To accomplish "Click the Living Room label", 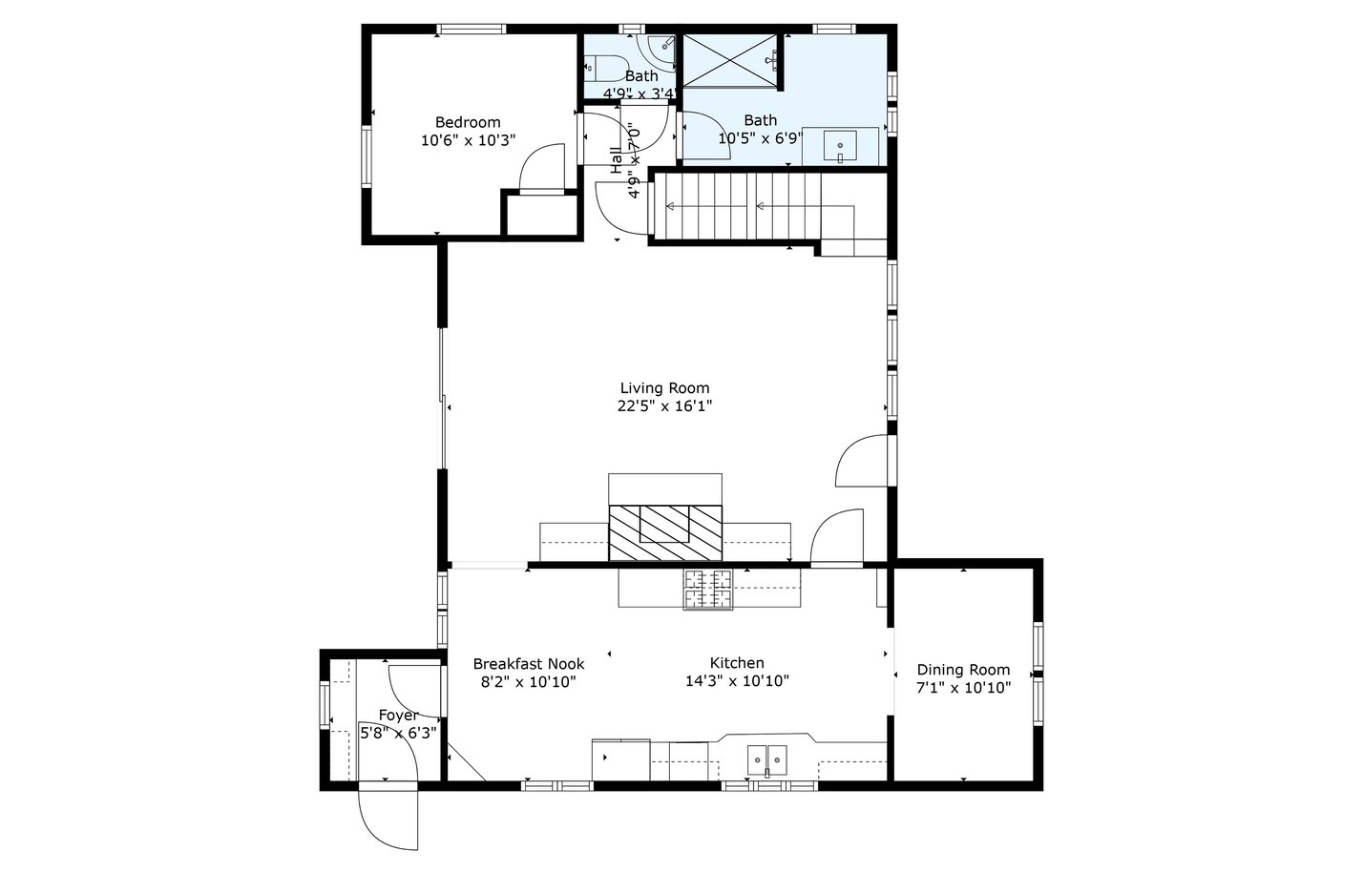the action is point(664,388).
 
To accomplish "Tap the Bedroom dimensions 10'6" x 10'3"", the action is point(468,140).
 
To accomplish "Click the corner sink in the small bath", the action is point(661,48).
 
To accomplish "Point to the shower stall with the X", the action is point(730,61).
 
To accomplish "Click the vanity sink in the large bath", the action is point(840,147).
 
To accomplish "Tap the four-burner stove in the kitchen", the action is point(707,590).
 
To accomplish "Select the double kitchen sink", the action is point(766,760).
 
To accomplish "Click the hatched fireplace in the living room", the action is point(665,532).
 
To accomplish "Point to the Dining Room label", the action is point(963,670).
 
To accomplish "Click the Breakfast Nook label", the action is point(528,663).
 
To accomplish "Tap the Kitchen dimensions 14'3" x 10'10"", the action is point(737,681).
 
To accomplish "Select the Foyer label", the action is point(399,716).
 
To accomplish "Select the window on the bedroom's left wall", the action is point(366,156).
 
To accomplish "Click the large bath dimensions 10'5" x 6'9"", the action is point(761,138).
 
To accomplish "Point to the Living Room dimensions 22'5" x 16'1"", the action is point(664,406).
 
